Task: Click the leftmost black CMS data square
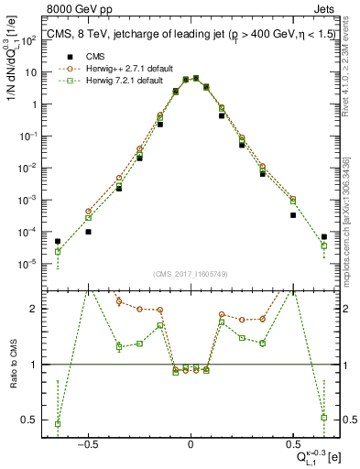click(58, 242)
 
